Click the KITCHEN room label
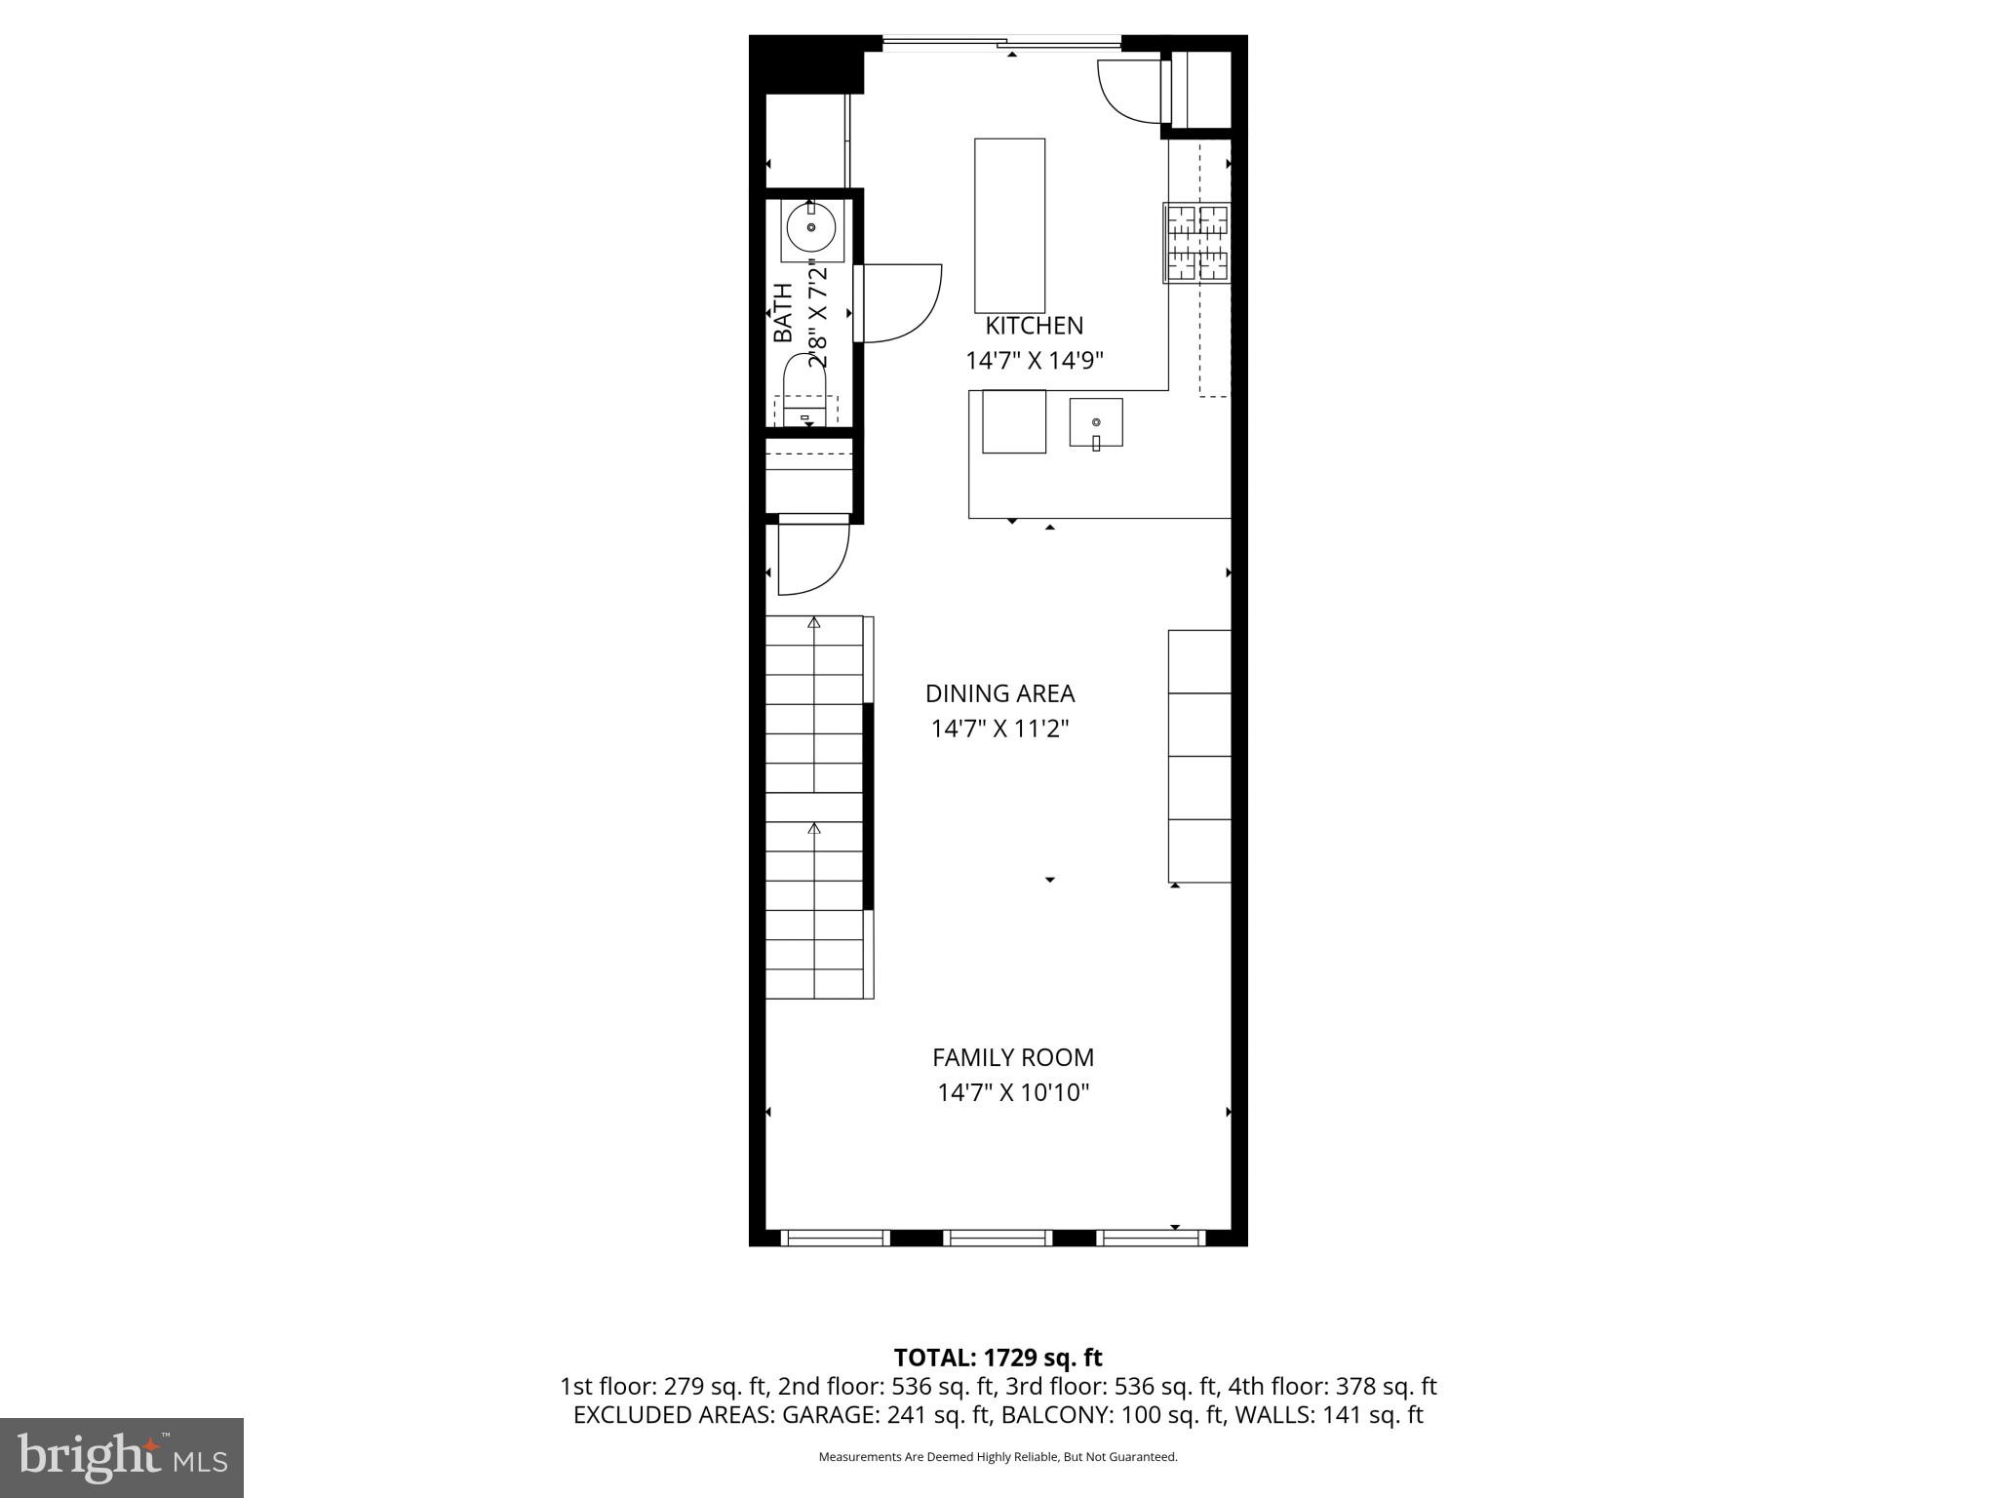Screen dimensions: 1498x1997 1034,326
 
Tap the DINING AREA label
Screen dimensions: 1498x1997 999,693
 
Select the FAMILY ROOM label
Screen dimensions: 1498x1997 1013,1057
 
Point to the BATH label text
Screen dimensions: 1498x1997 783,312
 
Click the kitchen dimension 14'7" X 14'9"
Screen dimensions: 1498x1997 1034,361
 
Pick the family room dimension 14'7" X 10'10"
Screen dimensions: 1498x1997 1013,1092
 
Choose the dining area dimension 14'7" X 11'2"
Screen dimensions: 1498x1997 999,729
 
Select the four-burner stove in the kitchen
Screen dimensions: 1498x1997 1197,243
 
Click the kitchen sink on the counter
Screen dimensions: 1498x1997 1096,423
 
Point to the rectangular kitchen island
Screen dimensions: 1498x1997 1009,225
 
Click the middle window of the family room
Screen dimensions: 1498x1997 998,1238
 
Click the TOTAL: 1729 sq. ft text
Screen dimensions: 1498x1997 998,1358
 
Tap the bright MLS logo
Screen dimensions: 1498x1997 121,1457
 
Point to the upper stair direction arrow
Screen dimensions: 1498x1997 814,622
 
